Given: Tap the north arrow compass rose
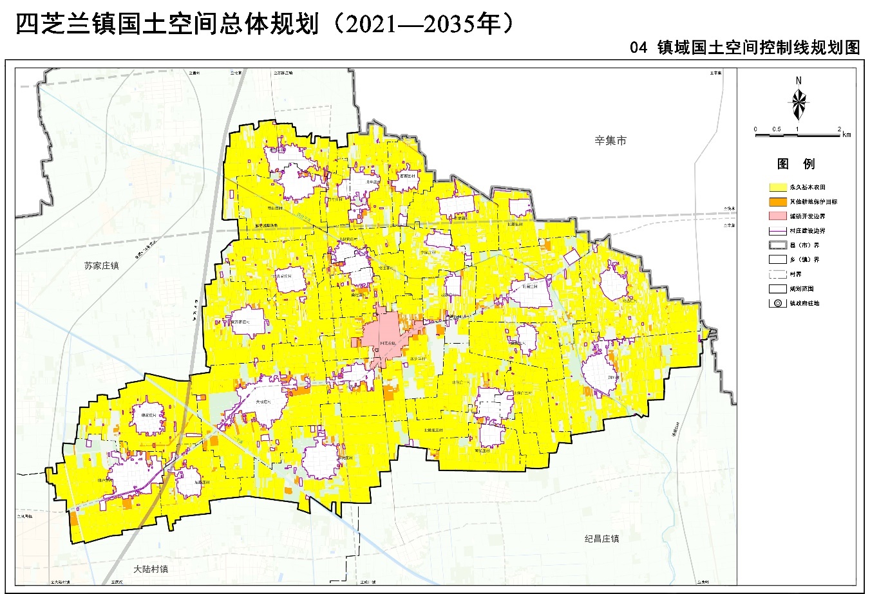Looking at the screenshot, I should tap(799, 104).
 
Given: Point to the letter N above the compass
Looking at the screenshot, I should tap(799, 80).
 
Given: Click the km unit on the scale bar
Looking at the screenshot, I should tap(846, 135).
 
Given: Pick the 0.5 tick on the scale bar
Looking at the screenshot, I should tap(777, 129).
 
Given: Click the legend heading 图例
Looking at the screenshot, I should tap(796, 163).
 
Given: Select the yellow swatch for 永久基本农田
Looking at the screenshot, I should tap(777, 187).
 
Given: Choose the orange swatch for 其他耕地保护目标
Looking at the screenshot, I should tap(777, 201).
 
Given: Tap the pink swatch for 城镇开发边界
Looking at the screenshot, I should tap(777, 216).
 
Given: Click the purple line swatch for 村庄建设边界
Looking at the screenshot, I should tap(777, 230).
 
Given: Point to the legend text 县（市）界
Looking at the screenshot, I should tap(804, 245).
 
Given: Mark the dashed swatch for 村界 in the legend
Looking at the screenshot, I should tap(777, 274).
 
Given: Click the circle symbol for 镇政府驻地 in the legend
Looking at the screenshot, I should tap(777, 303).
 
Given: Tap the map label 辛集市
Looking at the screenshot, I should tap(610, 140).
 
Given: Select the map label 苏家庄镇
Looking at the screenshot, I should tap(102, 265).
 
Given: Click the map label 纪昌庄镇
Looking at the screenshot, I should tap(601, 539).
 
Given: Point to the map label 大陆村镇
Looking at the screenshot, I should tap(151, 570).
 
